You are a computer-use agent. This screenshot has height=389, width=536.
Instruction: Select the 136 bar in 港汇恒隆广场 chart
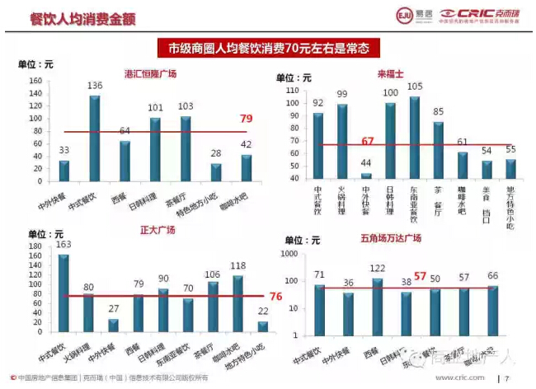coord(95,136)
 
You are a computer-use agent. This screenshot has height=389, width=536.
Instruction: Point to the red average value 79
coord(246,120)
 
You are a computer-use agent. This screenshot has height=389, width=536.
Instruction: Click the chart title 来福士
coord(390,73)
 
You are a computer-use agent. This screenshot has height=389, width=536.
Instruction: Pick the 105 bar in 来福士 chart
coord(414,136)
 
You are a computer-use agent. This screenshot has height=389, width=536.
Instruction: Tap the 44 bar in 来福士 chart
coord(366,175)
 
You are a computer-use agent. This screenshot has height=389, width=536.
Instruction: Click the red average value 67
coord(368,142)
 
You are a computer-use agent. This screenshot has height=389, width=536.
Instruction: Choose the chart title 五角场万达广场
coord(391,238)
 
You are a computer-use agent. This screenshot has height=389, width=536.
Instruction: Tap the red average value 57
coord(420,276)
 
